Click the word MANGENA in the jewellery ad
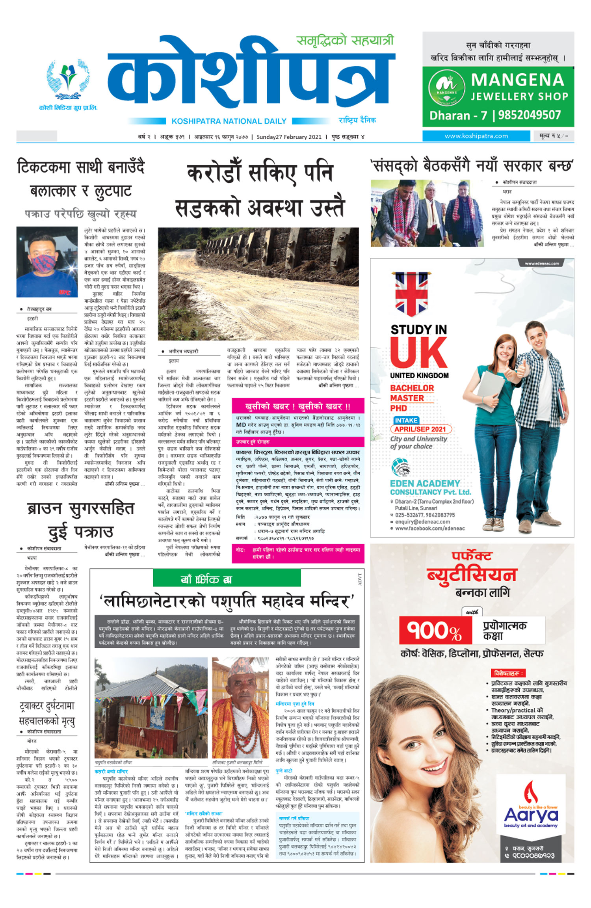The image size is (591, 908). coord(517,80)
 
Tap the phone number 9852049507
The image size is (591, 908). coord(529,115)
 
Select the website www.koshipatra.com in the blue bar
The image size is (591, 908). coord(476,136)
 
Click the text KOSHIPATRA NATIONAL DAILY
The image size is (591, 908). coord(229,121)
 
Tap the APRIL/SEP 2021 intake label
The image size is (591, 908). coord(420,429)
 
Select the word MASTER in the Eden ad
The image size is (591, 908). coord(407,398)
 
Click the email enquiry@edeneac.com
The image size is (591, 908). coord(422,521)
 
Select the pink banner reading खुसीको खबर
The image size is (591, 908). coord(297,406)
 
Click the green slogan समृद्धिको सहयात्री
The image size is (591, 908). coord(345,41)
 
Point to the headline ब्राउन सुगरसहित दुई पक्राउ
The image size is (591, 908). coord(81,520)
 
